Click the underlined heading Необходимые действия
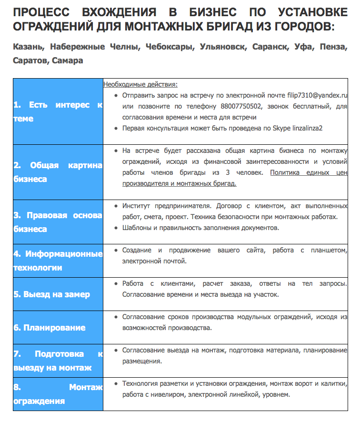140,85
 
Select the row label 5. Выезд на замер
51,294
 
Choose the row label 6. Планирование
50,328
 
